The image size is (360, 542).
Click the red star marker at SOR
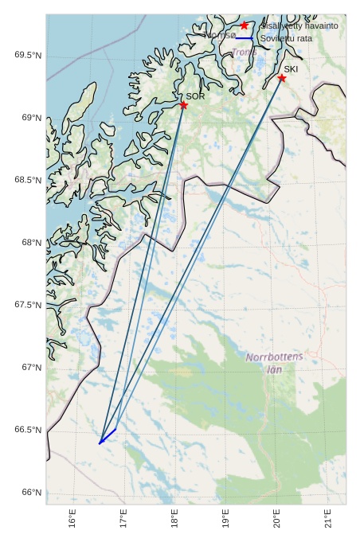pyautogui.click(x=183, y=105)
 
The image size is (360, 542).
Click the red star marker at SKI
pyautogui.click(x=282, y=78)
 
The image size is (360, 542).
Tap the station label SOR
pyautogui.click(x=196, y=96)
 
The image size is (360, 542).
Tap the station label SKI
pyautogui.click(x=291, y=69)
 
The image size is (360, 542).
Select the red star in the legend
pyautogui.click(x=245, y=26)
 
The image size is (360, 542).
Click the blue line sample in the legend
pyautogui.click(x=245, y=38)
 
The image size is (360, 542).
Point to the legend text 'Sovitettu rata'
pyautogui.click(x=286, y=38)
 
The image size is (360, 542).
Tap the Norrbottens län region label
pyautogui.click(x=275, y=363)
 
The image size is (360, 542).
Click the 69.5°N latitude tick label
pyautogui.click(x=27, y=55)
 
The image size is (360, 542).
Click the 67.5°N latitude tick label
pyautogui.click(x=27, y=306)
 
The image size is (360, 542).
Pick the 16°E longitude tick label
pyautogui.click(x=72, y=520)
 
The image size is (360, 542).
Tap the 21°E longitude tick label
pyautogui.click(x=329, y=520)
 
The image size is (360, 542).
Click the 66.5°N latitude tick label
pyautogui.click(x=27, y=431)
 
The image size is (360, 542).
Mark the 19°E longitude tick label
pyautogui.click(x=226, y=520)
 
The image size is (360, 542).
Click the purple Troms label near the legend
pyautogui.click(x=243, y=53)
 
